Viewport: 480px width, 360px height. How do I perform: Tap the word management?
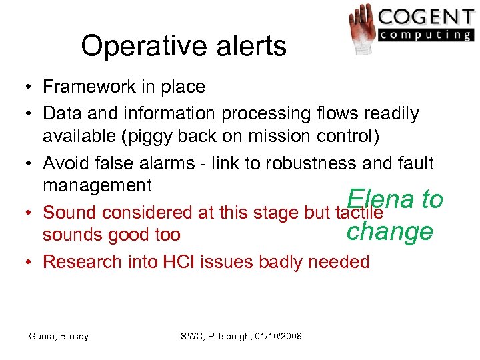point(97,185)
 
